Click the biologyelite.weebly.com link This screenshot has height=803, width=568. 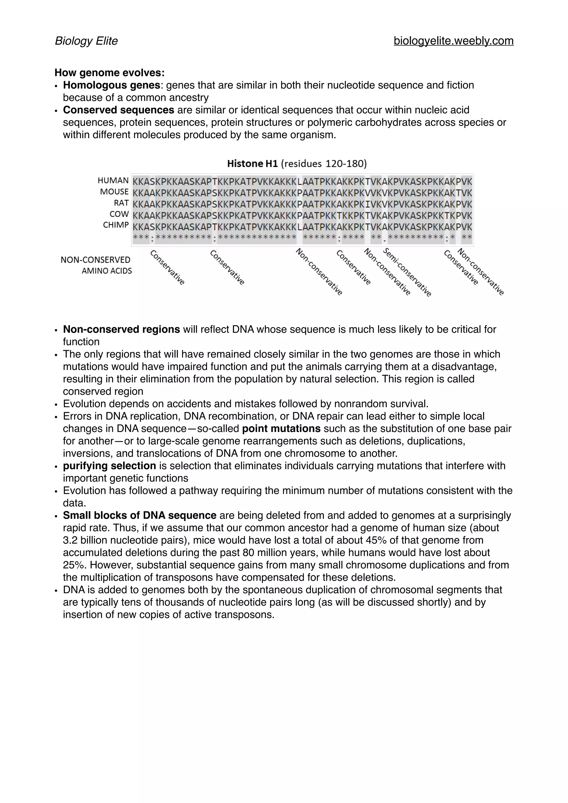click(x=453, y=41)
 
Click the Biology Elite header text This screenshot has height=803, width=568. click(x=86, y=41)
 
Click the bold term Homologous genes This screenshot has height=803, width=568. click(x=111, y=85)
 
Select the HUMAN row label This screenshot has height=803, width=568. click(x=113, y=181)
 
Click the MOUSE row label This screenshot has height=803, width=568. click(x=114, y=192)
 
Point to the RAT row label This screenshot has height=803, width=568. click(x=121, y=203)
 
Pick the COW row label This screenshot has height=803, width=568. click(x=119, y=214)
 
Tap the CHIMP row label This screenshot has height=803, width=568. click(x=116, y=225)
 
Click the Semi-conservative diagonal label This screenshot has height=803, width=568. click(x=407, y=273)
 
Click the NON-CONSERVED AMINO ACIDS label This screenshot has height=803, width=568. click(x=96, y=265)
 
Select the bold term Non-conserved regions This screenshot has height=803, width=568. click(x=121, y=329)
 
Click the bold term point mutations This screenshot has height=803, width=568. click(x=281, y=429)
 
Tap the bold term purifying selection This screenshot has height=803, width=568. click(x=110, y=466)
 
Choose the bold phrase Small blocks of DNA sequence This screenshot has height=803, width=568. click(x=140, y=515)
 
